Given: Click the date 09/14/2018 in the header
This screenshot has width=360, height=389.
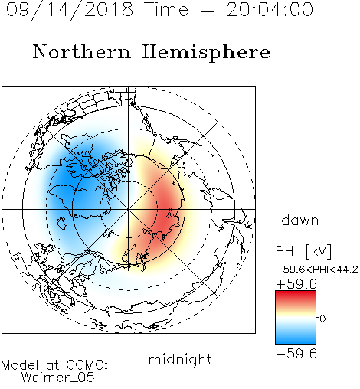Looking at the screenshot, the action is (70, 10).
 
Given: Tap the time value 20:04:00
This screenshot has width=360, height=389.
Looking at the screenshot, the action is (270, 9).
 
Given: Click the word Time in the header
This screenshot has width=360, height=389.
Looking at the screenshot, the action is (166, 9).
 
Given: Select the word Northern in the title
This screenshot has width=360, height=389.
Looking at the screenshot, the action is (82, 51).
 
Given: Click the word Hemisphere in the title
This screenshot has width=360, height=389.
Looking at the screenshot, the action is (206, 53).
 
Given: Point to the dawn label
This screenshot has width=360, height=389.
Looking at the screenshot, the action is (300, 220).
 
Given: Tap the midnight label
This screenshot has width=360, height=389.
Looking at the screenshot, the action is (180, 360).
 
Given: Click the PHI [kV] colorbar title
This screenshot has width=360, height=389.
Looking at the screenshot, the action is (303, 251).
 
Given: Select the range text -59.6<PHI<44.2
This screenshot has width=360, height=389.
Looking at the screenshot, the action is (317, 270).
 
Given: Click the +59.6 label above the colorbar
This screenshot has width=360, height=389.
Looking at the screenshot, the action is (296, 284).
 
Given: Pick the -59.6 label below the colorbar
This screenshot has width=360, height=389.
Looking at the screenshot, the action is (296, 354).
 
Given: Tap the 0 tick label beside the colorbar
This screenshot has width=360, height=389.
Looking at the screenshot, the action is (322, 319).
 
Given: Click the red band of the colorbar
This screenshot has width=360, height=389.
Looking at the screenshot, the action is (296, 296).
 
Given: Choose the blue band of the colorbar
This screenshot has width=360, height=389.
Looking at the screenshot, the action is (296, 337).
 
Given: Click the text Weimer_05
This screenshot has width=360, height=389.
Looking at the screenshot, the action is (58, 378).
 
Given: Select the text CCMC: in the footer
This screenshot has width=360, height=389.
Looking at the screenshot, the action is (87, 365).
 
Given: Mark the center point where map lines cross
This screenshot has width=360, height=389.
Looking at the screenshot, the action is (129, 210).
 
